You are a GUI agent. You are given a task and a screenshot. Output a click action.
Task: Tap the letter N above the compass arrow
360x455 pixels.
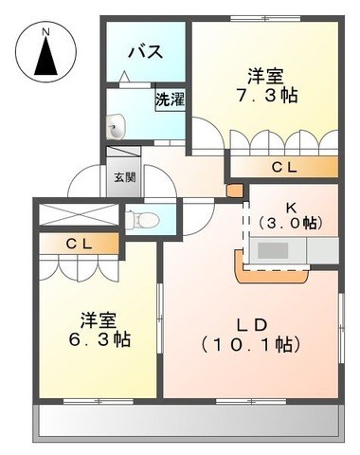click(x=46, y=31)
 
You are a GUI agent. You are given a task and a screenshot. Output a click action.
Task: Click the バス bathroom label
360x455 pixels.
click(x=146, y=51)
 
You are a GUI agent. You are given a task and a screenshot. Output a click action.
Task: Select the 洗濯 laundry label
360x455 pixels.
click(x=170, y=100)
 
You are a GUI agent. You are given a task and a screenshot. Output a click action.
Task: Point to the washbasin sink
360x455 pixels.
click(x=116, y=126)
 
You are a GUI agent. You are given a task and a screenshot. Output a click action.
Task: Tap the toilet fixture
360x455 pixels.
click(x=142, y=219)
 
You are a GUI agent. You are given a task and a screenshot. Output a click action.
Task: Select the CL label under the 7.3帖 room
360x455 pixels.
click(x=284, y=168)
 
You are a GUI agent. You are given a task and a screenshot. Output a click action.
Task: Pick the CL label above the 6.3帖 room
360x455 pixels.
click(x=80, y=244)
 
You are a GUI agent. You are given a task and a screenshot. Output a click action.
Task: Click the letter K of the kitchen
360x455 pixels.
click(x=291, y=208)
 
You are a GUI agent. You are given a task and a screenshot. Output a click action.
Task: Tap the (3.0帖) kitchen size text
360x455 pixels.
click(x=291, y=224)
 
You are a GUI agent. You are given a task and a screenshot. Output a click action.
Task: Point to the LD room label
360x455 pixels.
click(x=252, y=325)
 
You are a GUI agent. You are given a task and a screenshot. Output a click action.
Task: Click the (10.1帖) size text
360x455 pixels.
click(x=251, y=345)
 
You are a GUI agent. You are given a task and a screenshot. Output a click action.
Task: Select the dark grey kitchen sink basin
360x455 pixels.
click(x=273, y=250)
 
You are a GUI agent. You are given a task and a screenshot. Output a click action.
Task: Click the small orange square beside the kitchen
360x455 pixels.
click(x=235, y=191)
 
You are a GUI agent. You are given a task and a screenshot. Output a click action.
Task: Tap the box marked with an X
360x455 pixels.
click(x=79, y=215)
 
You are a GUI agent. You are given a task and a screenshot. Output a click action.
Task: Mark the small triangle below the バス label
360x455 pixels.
click(x=125, y=77)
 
